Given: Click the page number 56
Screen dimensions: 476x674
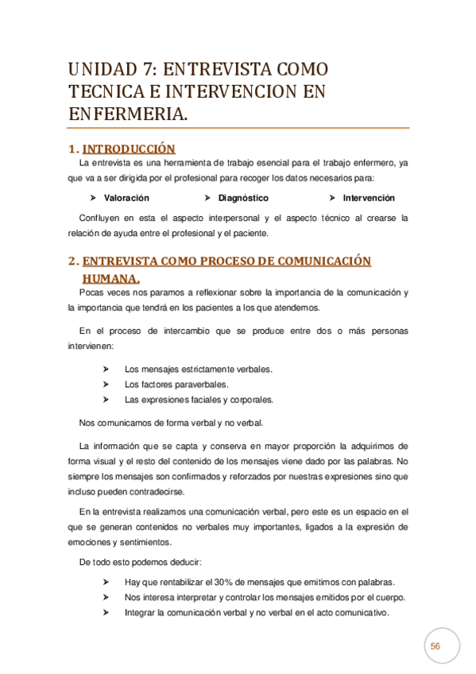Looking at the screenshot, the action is point(435,647).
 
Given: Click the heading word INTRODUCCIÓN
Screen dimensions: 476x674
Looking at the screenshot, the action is point(129,149).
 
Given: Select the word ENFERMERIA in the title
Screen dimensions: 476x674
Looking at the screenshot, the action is point(127,114).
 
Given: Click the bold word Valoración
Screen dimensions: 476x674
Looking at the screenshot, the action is point(126,198).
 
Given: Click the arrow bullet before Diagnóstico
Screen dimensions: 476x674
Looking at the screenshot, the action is point(207,198).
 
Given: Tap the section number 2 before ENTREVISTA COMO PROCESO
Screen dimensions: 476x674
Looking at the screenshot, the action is point(72,261).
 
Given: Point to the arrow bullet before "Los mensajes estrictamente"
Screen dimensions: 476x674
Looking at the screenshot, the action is point(106,370).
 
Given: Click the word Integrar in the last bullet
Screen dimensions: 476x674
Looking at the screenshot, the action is point(140,613).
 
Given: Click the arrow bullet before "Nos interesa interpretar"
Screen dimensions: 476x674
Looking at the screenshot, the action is point(106,598).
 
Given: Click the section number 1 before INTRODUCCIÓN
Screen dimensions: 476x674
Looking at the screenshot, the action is point(72,149).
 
